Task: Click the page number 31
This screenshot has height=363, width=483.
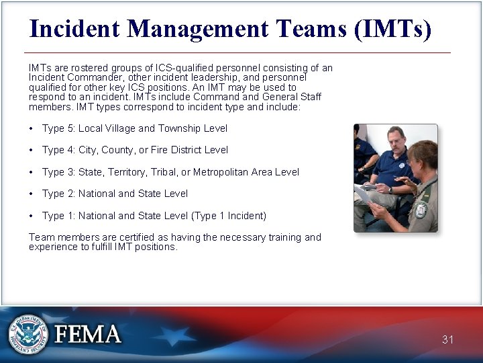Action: click(x=447, y=339)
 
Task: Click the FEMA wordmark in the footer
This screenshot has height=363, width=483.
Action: click(x=88, y=335)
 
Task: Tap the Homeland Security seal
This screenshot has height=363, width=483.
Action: click(x=28, y=334)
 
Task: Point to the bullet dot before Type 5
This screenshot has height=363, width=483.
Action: click(x=32, y=128)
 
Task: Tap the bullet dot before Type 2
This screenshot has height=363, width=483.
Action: click(x=32, y=194)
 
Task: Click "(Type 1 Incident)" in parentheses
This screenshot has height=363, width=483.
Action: click(x=229, y=216)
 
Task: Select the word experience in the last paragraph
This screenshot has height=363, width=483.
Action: click(x=52, y=247)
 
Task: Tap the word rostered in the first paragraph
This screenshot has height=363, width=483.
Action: click(x=79, y=68)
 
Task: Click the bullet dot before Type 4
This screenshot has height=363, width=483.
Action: click(x=32, y=150)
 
